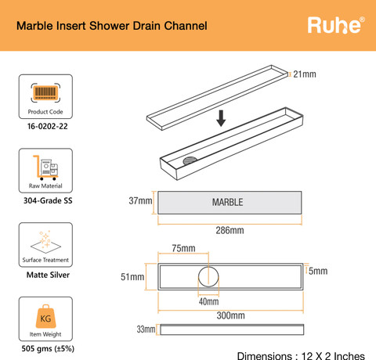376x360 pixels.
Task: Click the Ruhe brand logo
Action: click(336, 25)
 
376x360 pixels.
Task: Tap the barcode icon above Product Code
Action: click(45, 92)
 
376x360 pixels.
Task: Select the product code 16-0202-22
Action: click(48, 126)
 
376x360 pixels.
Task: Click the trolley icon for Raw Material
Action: click(45, 167)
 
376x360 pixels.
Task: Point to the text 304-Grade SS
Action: click(48, 200)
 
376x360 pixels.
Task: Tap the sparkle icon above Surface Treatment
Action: click(45, 242)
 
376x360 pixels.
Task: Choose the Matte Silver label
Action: click(48, 275)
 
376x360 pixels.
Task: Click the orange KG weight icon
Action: click(45, 316)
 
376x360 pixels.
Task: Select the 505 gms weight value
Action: click(48, 349)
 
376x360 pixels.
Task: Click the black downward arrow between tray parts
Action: click(221, 118)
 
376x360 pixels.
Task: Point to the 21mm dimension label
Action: click(305, 74)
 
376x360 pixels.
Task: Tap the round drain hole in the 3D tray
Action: click(190, 160)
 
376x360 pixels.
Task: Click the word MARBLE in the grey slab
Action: click(227, 202)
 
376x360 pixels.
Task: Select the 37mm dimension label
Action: click(140, 201)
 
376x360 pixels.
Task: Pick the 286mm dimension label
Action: click(230, 230)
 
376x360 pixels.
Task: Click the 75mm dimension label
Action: click(183, 248)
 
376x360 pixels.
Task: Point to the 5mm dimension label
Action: click(318, 271)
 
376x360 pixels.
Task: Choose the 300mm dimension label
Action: click(230, 315)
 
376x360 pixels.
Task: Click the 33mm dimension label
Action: click(146, 329)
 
